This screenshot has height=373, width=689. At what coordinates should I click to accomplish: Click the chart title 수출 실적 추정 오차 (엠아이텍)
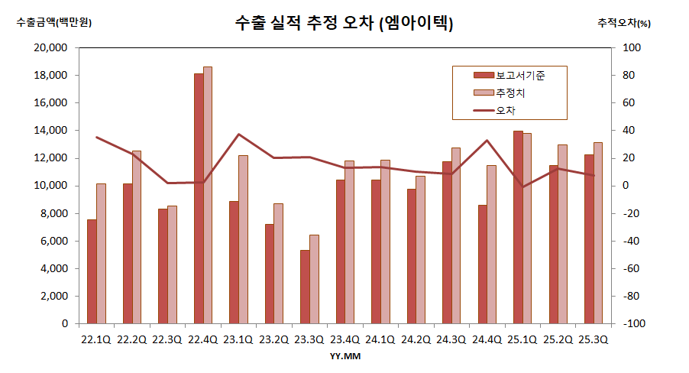coord(344,24)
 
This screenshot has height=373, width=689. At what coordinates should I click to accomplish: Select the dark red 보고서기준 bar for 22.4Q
coord(199,199)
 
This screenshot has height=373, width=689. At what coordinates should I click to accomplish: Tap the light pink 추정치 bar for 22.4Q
coord(208,195)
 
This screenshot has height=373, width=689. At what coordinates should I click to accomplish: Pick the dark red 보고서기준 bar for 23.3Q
coord(305,287)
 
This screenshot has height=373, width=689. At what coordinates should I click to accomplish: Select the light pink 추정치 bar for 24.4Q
coord(492,245)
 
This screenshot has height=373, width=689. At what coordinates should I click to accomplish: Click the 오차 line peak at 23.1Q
coord(239,135)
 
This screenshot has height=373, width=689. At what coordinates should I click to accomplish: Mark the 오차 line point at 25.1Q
coord(522,186)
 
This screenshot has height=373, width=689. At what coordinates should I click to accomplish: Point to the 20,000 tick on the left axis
coord(52,48)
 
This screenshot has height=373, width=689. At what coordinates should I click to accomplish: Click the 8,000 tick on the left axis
coord(55,213)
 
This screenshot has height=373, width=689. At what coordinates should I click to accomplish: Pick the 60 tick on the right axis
coord(632,103)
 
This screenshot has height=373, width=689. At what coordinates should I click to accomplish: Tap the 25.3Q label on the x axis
coord(593,339)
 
